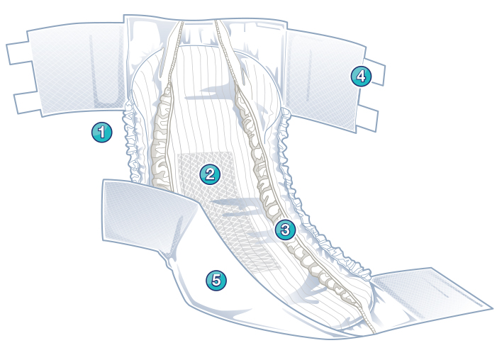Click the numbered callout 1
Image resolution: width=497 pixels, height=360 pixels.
[101, 131]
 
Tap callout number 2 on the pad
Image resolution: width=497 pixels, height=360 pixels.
[209, 173]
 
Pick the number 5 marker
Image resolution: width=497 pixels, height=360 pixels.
[216, 280]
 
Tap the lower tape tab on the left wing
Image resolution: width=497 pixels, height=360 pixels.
[24, 101]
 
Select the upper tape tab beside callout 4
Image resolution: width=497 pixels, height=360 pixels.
[376, 72]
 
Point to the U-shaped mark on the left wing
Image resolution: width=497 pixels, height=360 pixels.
[107, 71]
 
